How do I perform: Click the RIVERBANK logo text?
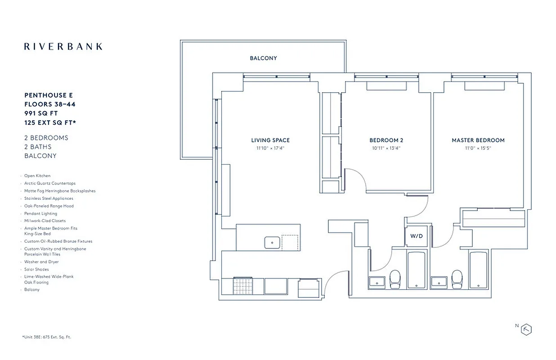point(63,46)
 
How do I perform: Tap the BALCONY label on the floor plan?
point(263,58)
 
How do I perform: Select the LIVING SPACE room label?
point(270,140)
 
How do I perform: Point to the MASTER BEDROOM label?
point(478,140)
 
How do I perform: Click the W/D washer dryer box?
point(416,236)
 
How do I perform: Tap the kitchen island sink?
point(272,242)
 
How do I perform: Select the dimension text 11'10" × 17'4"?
point(270,148)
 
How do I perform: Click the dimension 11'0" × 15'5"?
point(478,148)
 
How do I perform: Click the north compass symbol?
point(526,329)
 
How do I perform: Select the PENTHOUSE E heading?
point(49,95)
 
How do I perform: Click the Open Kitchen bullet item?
point(37,176)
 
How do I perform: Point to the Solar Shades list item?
point(36,269)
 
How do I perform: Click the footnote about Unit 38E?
point(46,337)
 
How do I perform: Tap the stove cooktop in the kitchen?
point(242,286)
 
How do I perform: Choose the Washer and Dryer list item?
point(41,261)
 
